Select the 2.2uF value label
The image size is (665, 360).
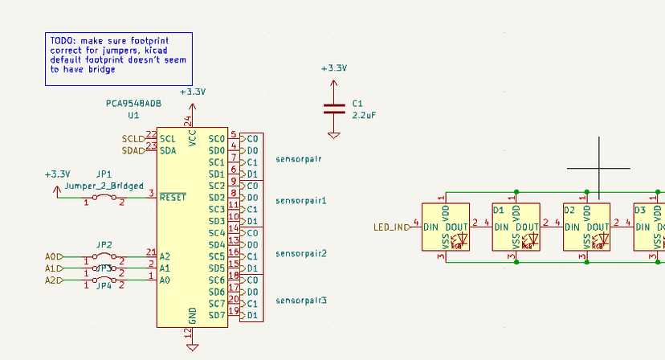coord(364,116)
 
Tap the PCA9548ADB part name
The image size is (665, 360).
coord(133,104)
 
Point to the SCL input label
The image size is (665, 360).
coord(133,139)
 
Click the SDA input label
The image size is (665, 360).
coord(133,150)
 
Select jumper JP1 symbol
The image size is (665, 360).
coord(104,197)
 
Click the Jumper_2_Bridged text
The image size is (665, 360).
coord(104,186)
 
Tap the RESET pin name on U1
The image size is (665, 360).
coord(173,197)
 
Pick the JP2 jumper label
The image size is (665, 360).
coord(104,244)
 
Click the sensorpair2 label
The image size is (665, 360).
coord(301,253)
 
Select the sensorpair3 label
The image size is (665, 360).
coord(301,301)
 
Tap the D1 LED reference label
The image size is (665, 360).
coord(498,210)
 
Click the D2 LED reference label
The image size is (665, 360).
coord(569,210)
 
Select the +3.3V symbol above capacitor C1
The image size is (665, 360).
coord(333,69)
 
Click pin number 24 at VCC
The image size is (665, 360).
coord(188,121)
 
